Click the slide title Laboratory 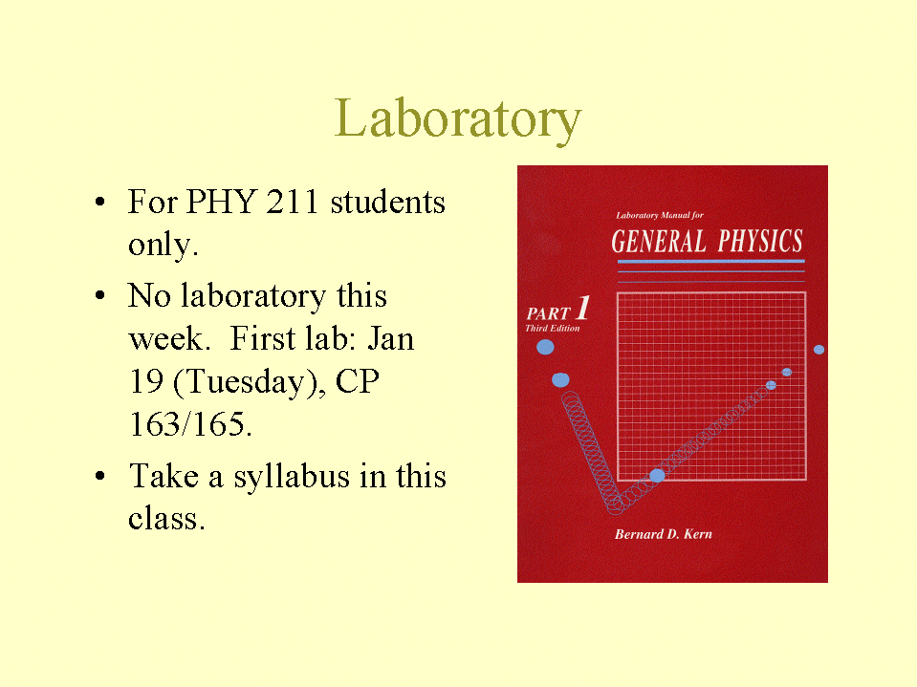(x=458, y=119)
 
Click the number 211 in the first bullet (x=293, y=202)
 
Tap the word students (x=387, y=202)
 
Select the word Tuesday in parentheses (x=249, y=382)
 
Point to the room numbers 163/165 (x=190, y=424)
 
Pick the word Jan (x=391, y=339)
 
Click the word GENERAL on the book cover (x=659, y=242)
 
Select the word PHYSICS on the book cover (x=760, y=241)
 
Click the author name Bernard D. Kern (x=664, y=534)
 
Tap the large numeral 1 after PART (x=583, y=308)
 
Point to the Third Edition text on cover (x=552, y=329)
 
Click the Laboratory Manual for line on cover (x=660, y=216)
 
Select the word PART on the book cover (x=548, y=313)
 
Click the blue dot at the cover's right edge (x=819, y=350)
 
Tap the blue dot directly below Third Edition (x=545, y=348)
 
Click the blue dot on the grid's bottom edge (x=657, y=476)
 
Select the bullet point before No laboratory (x=100, y=295)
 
